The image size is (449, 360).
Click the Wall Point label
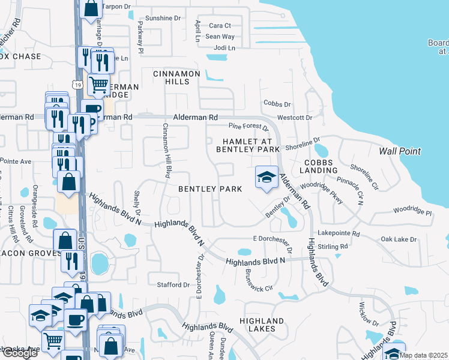pos(400,151)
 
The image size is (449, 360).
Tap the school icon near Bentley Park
pos(267,177)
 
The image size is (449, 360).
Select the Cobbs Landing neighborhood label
pos(321,166)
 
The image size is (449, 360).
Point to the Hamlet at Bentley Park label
pos(248,145)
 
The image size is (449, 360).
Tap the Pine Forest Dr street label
pos(249,127)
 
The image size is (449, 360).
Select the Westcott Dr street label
pos(295,118)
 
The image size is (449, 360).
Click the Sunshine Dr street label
pos(163,19)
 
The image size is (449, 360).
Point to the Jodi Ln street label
pos(224,47)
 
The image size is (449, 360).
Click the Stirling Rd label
pos(334,247)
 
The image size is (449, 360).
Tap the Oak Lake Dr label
pos(399,239)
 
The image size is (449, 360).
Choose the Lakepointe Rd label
pos(339,233)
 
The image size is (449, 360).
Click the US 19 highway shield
pos(78,85)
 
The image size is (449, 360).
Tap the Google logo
pos(19,353)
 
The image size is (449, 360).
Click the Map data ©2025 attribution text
pos(424,355)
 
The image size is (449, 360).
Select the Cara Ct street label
pos(220,25)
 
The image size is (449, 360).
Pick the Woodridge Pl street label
pos(412,212)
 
